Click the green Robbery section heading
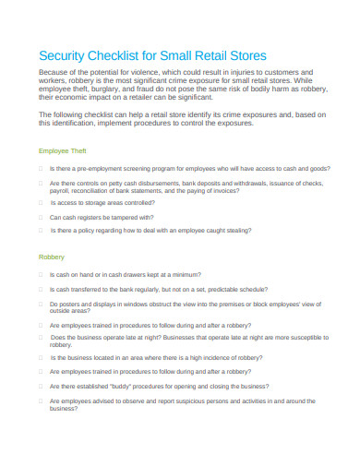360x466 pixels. coord(51,257)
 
